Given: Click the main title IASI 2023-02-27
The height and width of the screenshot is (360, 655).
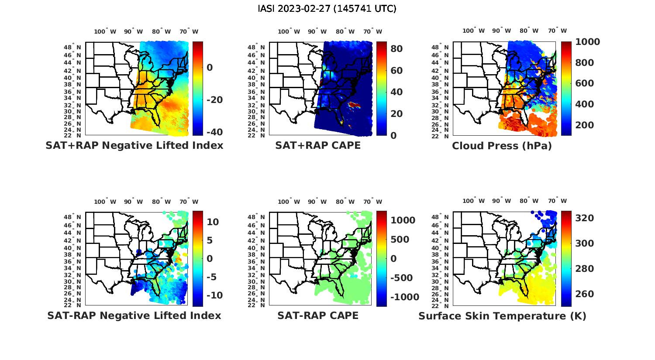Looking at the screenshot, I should coord(327,9).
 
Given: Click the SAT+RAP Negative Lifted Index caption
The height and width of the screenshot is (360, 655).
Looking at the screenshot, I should coord(134,145).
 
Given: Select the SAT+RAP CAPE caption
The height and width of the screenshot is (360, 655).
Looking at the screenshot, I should coord(318,145).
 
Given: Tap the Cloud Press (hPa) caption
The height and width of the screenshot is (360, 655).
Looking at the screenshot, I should coord(502,146).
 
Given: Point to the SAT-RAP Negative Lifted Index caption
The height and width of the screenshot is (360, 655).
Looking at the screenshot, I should coord(134,315).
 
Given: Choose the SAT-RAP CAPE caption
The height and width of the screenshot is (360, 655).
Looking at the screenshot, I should coord(318,315).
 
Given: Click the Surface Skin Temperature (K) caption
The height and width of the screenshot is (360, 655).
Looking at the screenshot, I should coord(502,316).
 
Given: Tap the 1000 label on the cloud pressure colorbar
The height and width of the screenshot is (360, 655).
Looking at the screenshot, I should coord(587,42).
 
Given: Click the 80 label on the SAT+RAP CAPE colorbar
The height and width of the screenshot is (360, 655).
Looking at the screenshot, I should coord(396,48).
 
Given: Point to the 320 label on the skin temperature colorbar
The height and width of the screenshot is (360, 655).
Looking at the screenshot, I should coord(584,218).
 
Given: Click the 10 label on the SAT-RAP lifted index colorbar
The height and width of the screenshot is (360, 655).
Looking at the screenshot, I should coord(213,222).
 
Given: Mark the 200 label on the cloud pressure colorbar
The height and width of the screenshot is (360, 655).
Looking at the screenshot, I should coord(584,125).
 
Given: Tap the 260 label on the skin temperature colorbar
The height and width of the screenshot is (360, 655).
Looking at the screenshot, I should coord(584,294).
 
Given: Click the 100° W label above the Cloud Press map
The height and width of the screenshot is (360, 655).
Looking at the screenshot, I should coord(474,31).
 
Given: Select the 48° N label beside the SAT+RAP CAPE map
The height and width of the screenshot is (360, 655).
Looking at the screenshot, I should coord(256,48).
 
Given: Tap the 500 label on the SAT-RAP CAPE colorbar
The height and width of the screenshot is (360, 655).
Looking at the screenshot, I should coord(400,240).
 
